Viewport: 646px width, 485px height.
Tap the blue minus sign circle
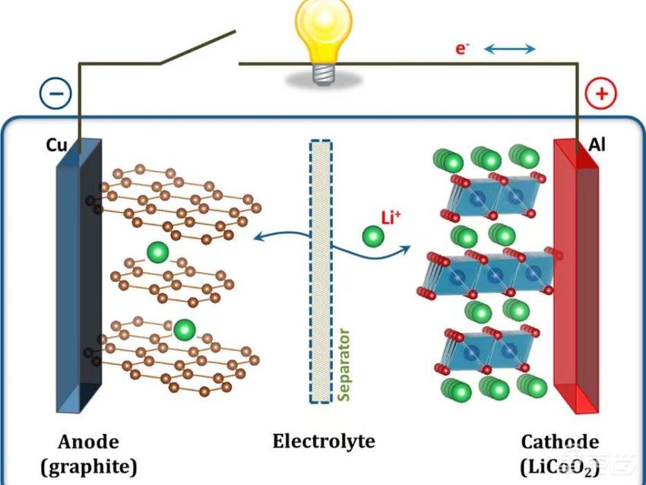55,94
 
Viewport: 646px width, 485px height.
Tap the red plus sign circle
601,94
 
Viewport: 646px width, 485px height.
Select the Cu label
58,144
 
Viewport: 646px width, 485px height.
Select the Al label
597,144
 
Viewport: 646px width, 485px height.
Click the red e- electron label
461,49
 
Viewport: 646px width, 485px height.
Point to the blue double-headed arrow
510,49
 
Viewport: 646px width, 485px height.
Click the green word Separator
344,365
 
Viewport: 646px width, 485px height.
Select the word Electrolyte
324,441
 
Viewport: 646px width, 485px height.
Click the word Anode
89,442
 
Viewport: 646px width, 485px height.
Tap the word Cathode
559,442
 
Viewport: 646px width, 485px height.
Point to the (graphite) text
89,465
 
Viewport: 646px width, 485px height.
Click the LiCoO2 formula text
560,465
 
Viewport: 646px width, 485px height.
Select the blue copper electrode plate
78,281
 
